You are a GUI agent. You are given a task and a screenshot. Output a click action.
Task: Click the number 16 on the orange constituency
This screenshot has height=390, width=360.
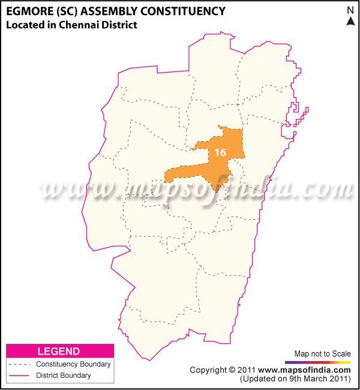[x=220, y=152]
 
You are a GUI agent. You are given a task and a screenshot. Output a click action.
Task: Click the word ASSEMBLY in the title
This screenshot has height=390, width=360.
[x=113, y=11]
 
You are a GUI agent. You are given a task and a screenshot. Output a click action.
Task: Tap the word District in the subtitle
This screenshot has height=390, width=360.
[x=120, y=25]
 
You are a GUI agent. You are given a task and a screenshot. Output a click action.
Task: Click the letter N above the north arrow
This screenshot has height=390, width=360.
[x=350, y=10]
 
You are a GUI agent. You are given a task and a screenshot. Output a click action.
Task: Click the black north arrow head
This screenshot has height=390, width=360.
[x=350, y=21]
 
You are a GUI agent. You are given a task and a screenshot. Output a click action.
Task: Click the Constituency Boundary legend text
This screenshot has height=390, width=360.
[x=73, y=364]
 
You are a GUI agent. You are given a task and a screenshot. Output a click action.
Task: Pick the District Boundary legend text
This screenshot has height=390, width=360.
[x=64, y=376]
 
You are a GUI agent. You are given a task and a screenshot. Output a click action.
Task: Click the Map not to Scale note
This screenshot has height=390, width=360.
[x=322, y=353]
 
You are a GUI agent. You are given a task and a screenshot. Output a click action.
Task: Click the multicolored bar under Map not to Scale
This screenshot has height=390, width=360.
[x=318, y=362]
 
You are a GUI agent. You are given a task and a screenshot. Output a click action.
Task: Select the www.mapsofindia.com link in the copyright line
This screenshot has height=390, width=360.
[x=305, y=370]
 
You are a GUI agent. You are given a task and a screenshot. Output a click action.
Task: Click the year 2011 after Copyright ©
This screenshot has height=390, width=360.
[x=248, y=370]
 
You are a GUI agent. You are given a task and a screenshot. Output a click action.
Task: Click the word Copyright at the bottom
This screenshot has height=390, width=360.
[x=210, y=370]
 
